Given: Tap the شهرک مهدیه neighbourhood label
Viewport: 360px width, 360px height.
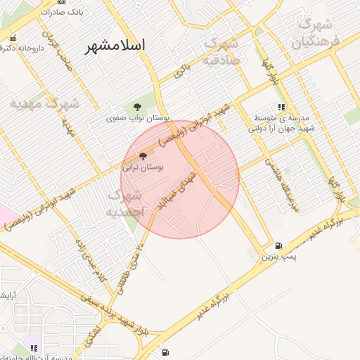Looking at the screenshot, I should pos(44,104).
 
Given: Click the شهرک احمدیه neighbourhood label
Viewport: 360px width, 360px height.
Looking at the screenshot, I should pos(124,202).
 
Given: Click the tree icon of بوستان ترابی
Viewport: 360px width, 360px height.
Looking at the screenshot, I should pos(143,157).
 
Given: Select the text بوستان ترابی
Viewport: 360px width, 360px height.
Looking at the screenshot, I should pos(143,168).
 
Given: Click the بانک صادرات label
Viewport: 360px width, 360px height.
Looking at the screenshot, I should pos(77,13).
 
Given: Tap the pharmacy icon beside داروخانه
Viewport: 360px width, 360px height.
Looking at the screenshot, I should pos(12,39).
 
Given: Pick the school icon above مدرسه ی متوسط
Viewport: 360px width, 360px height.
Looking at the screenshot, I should pos(281,108).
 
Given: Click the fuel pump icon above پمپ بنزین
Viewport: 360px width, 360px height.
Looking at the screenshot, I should pos(279,246).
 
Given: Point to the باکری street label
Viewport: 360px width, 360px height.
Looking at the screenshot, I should pos(182,71).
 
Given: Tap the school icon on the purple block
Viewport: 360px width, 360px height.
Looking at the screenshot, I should pos(33,348).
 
